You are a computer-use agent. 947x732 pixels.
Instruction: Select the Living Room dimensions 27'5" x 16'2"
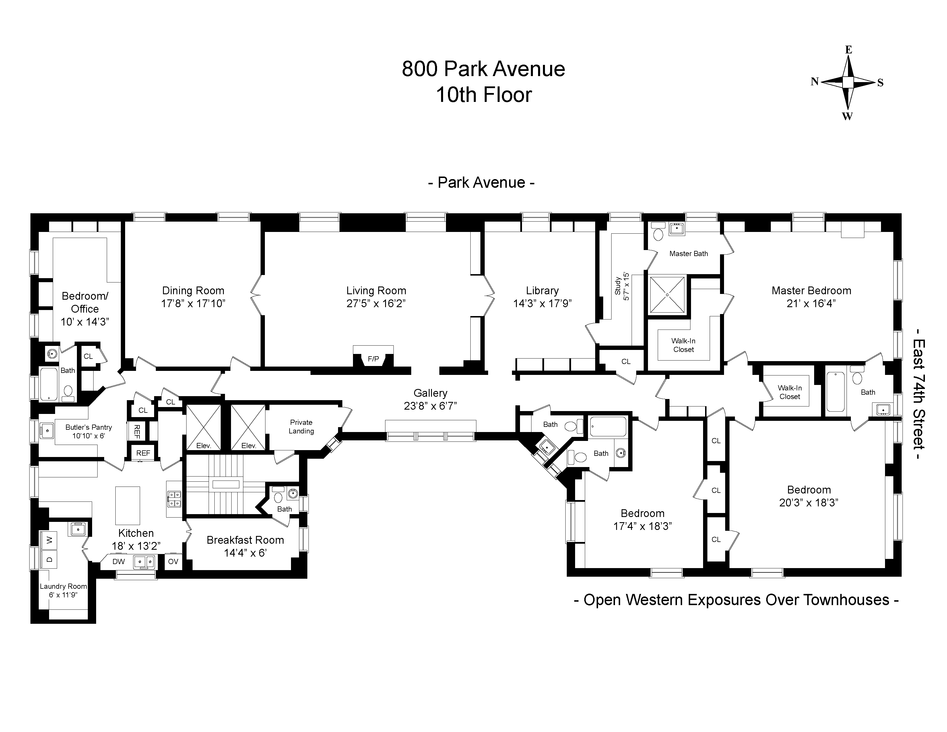(x=376, y=303)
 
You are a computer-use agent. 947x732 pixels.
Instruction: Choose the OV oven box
(x=173, y=561)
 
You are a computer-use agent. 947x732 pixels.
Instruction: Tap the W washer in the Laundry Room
(x=49, y=540)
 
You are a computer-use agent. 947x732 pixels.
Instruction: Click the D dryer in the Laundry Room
(x=49, y=559)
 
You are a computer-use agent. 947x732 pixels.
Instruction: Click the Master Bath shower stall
(x=667, y=295)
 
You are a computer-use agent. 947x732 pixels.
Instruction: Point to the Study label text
(x=618, y=286)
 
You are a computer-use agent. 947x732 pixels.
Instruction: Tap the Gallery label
(x=430, y=393)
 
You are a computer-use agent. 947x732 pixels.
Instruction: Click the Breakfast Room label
(x=245, y=540)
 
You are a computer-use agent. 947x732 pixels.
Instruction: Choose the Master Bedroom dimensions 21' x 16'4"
(x=811, y=303)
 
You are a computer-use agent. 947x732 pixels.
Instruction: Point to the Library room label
(x=542, y=291)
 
